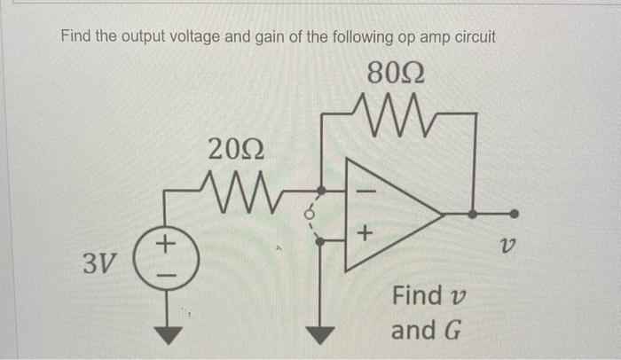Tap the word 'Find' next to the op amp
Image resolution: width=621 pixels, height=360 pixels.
point(414,295)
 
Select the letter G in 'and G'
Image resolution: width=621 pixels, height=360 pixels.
point(452,331)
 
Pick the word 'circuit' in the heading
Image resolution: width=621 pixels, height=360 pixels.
point(471,36)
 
